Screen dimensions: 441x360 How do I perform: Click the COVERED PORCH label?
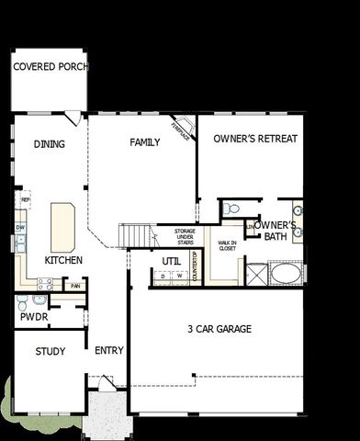[49, 67]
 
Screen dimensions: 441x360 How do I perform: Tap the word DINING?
[49, 144]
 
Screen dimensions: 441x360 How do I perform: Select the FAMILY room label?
[144, 142]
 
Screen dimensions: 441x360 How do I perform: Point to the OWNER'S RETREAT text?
[254, 139]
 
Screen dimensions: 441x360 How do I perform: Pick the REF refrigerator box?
[25, 198]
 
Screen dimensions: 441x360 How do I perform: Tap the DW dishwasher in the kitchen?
[20, 226]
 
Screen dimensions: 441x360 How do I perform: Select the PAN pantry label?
[76, 285]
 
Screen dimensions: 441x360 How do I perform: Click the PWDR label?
[33, 317]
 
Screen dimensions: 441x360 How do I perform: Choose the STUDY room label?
[51, 352]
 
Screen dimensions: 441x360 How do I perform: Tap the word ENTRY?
[109, 351]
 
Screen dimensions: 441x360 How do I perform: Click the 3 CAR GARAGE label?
[219, 329]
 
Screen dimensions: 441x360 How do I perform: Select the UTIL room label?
[172, 261]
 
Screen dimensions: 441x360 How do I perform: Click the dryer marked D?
[163, 276]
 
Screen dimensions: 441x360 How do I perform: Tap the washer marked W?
[180, 276]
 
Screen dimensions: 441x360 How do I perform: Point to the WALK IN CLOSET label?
[226, 245]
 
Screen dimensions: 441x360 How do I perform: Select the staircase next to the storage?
[136, 235]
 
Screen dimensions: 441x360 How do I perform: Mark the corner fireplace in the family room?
[183, 129]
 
